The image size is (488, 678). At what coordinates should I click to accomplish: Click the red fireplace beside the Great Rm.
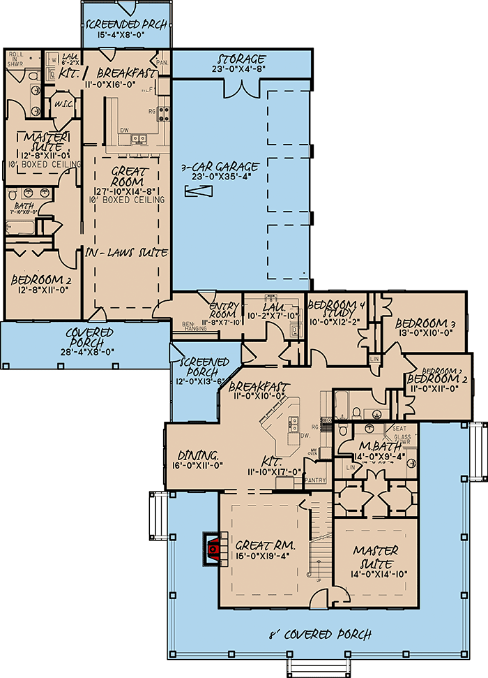click(215, 549)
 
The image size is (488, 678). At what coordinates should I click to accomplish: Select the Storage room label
click(241, 59)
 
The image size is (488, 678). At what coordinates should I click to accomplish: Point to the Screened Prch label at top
click(126, 26)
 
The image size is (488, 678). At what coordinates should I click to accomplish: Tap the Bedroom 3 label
click(420, 323)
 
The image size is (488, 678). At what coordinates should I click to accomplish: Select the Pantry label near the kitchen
click(316, 480)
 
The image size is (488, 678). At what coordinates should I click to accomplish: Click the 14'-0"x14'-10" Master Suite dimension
click(376, 574)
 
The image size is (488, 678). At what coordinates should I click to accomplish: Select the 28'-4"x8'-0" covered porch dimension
click(84, 353)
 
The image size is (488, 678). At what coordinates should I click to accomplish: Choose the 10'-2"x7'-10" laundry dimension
click(273, 315)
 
